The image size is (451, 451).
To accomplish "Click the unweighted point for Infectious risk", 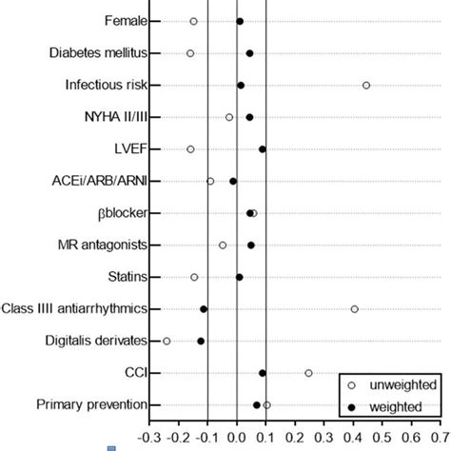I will (x=366, y=86).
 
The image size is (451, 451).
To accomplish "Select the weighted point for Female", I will (x=240, y=21).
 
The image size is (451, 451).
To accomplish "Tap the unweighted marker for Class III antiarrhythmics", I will (x=355, y=309).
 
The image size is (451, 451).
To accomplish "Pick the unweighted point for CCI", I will (x=308, y=373).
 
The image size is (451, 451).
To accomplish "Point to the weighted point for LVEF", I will (x=263, y=149).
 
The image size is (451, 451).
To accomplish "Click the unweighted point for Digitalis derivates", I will (x=167, y=341).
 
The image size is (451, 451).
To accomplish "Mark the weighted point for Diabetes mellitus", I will (x=249, y=53).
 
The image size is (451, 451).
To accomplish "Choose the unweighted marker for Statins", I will (x=194, y=277).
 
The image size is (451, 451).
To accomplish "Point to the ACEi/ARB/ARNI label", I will (x=100, y=181).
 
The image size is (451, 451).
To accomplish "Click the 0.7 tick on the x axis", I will (x=437, y=440).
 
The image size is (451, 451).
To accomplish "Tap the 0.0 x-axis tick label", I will (x=236, y=440).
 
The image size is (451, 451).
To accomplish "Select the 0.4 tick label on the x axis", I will (x=351, y=440).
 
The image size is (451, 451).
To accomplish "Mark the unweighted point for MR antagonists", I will (x=223, y=245).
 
